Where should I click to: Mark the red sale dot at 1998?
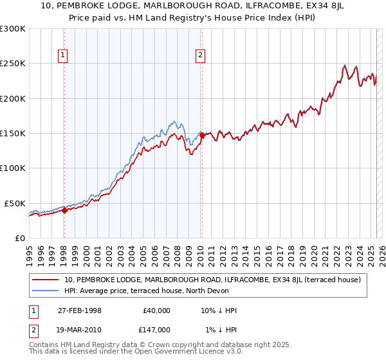64,210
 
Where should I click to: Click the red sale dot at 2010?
202,136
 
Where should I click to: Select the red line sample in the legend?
46,280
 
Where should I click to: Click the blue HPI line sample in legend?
46,291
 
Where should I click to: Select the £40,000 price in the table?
156,310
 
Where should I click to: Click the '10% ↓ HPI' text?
219,310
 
